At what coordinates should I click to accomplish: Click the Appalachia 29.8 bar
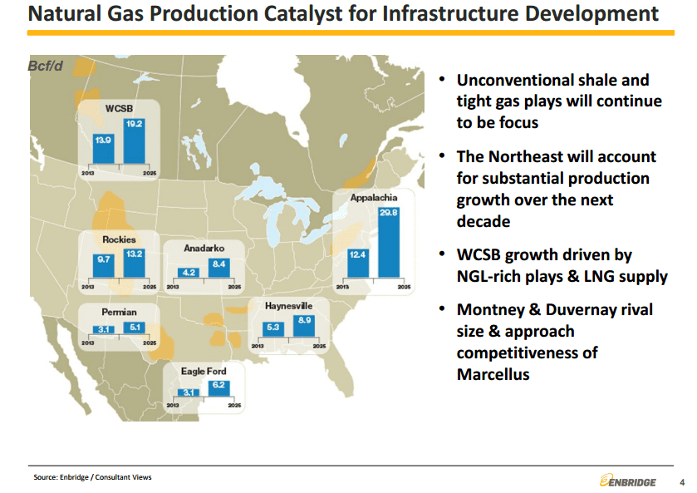[389, 243]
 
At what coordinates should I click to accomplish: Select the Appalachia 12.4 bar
[358, 264]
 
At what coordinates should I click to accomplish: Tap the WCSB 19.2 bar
[135, 141]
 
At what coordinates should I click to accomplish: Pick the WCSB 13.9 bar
[104, 149]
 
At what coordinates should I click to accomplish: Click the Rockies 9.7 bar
[104, 266]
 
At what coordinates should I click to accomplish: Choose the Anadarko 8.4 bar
[219, 268]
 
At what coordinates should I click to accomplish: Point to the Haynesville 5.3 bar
[273, 330]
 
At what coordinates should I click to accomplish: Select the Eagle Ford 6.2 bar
[218, 388]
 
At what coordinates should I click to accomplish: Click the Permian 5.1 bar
[135, 328]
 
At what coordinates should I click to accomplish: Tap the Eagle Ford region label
[204, 371]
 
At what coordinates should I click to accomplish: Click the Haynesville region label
[288, 306]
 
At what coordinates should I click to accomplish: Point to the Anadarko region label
[204, 249]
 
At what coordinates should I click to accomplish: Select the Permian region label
[119, 312]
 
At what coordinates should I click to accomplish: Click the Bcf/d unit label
[45, 66]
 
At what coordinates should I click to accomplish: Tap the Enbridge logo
[628, 481]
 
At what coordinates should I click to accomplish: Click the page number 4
[682, 482]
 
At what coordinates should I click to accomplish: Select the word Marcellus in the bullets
[493, 374]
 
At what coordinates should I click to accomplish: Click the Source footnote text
[92, 477]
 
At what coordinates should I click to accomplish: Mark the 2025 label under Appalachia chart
[404, 287]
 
